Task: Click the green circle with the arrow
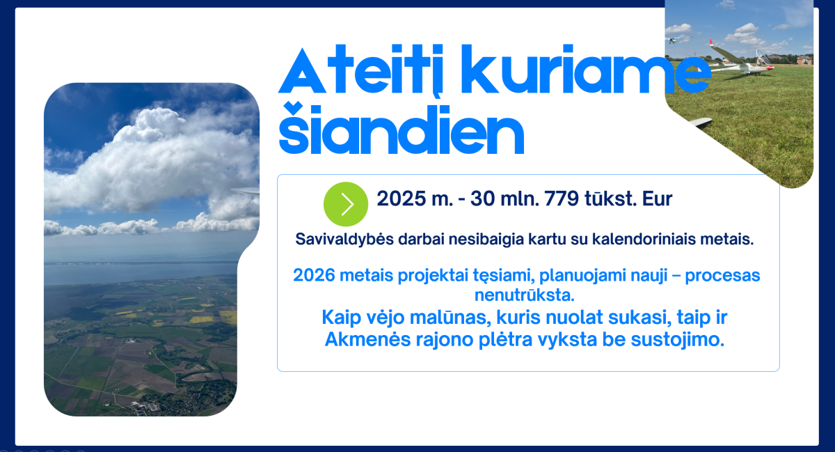point(346,204)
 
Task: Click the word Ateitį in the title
point(361,69)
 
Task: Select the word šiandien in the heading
point(401,128)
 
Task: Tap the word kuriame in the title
point(586,69)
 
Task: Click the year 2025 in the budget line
point(401,198)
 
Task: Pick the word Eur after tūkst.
point(657,198)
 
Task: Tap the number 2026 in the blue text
point(314,276)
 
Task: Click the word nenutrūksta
point(525,295)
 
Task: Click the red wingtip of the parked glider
point(712,43)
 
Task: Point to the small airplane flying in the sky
point(673,40)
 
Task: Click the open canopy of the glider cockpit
point(761,56)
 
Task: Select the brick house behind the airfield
point(804,59)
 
